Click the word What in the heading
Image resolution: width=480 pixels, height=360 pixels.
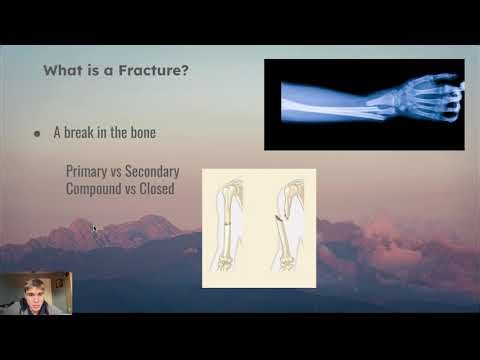[x=63, y=72]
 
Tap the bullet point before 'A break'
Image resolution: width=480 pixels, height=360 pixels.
[x=37, y=133]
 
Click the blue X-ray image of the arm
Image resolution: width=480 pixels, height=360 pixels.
[x=364, y=104]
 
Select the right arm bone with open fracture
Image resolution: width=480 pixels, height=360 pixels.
[x=286, y=225]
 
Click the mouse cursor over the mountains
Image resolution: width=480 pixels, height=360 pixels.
[x=94, y=229]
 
